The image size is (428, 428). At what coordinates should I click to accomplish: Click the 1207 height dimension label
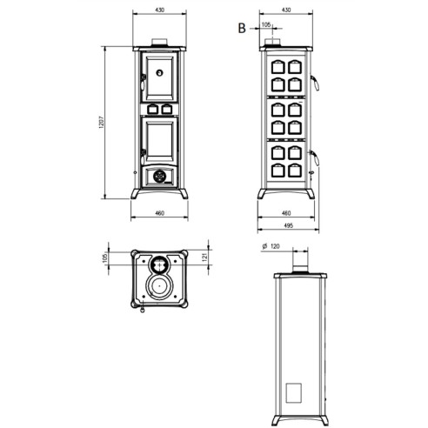[101, 123]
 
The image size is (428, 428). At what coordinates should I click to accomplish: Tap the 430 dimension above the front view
[160, 10]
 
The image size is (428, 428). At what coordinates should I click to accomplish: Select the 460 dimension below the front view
[160, 213]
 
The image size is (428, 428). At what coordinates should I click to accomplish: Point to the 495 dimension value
[288, 225]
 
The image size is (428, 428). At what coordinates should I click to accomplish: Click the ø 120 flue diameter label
[271, 246]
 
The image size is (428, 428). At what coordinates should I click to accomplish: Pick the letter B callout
[242, 28]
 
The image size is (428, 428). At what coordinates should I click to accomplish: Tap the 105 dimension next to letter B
[266, 24]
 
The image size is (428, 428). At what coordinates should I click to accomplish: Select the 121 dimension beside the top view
[205, 257]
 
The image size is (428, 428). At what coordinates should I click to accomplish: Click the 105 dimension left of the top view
[105, 257]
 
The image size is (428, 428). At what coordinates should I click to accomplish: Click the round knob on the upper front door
[159, 72]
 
